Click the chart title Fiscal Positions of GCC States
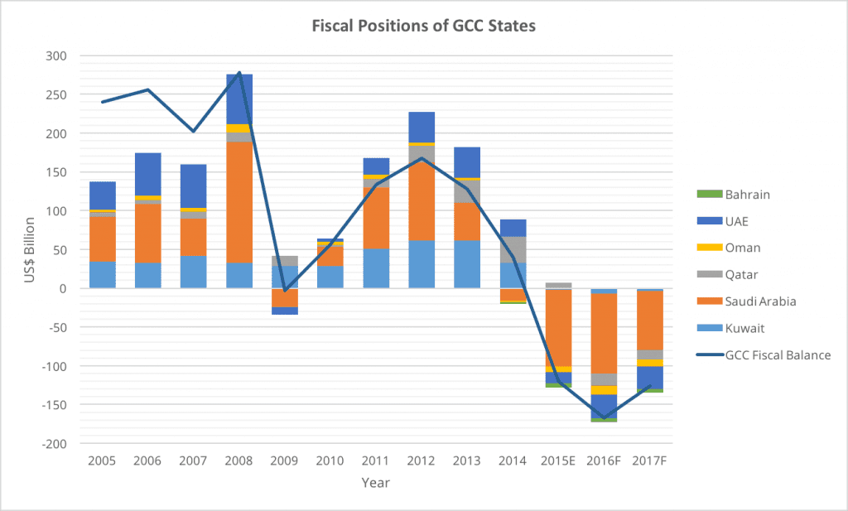[x=423, y=26]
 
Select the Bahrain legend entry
[x=748, y=194]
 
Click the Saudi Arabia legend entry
[x=759, y=301]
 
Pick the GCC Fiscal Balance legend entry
[x=777, y=354]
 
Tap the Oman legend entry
[x=743, y=248]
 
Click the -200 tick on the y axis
[x=55, y=444]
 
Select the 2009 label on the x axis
[x=284, y=460]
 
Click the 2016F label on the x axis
[x=604, y=460]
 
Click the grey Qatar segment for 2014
[x=513, y=249]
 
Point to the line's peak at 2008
[x=239, y=73]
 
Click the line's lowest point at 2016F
[x=604, y=418]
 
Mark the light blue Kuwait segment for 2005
[x=102, y=274]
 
